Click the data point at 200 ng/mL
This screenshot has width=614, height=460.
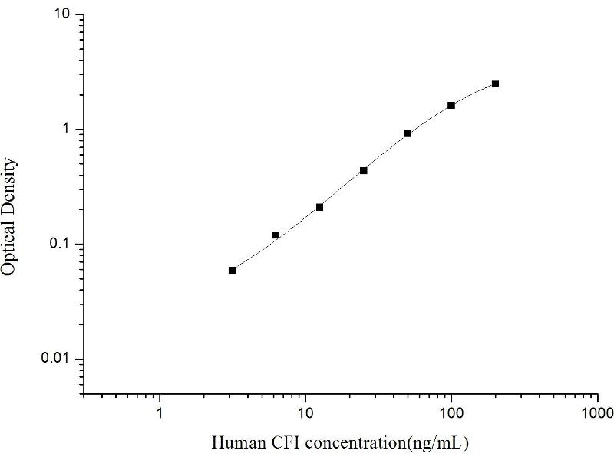point(495,84)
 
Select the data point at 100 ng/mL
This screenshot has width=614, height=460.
point(451,105)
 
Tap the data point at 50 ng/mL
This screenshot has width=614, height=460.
point(408,133)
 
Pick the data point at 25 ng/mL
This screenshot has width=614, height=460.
point(363,170)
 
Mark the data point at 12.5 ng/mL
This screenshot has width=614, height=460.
point(319,207)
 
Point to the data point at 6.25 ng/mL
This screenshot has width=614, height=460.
point(276,235)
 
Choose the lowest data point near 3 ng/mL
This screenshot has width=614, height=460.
point(232,270)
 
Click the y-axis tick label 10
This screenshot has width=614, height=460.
point(64,15)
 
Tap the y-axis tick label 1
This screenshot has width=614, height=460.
point(68,130)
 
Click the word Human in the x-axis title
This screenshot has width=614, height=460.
point(233,442)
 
